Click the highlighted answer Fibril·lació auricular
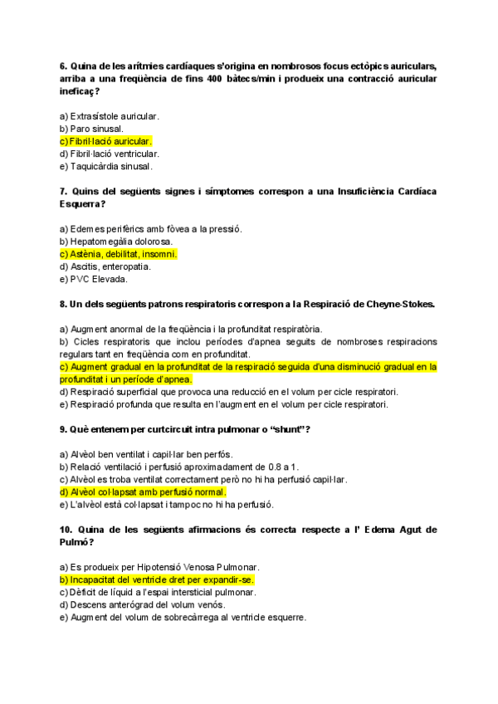click(x=106, y=141)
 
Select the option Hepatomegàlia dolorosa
click(x=115, y=242)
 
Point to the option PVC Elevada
click(x=93, y=279)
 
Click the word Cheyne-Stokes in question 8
click(x=399, y=304)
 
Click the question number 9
click(x=64, y=429)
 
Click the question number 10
click(x=66, y=529)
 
